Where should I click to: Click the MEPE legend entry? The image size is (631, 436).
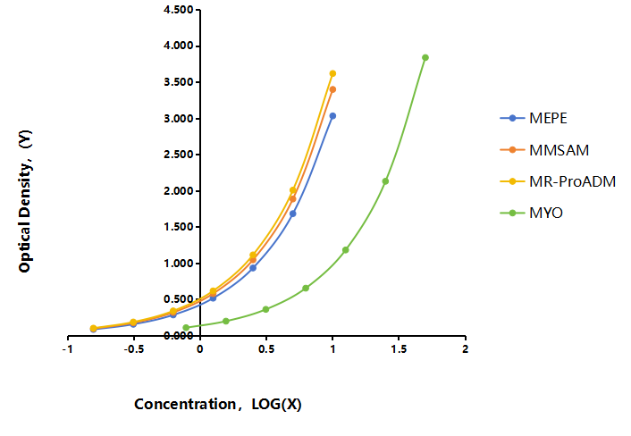point(534,118)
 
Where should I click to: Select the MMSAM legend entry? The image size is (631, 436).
point(544,150)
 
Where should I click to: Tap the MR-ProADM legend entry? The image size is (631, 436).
point(558,181)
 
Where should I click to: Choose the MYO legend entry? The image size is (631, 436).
point(531,213)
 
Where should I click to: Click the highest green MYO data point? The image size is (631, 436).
point(425,57)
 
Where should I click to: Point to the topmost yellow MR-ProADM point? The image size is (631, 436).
point(332,73)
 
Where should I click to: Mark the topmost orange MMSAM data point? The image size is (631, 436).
point(332,89)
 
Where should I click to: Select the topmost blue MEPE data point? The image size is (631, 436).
point(332,116)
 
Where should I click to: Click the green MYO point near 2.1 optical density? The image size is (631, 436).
point(385,181)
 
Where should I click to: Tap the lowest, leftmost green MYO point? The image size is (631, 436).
point(186,327)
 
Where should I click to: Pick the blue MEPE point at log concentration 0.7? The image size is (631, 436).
point(293,214)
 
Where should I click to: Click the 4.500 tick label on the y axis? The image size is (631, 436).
point(179,10)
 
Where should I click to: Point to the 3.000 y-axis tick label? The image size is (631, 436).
point(179,119)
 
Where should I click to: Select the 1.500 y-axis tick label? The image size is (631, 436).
point(179,227)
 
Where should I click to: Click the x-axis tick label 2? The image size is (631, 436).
point(465,349)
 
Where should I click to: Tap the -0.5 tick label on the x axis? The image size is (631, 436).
point(133,349)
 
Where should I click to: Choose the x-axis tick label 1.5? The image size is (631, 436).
point(399,349)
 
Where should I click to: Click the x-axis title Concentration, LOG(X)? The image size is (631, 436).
point(218,404)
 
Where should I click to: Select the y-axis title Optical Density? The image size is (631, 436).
point(25,201)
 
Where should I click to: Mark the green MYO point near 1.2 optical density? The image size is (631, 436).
point(346,250)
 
